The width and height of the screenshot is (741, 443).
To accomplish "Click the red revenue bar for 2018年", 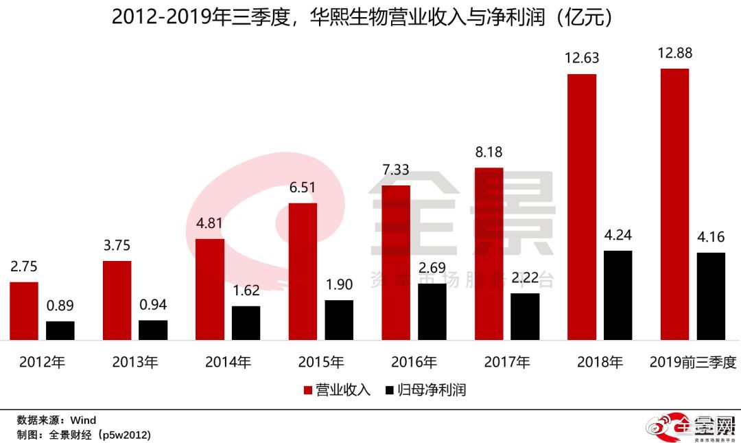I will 581,206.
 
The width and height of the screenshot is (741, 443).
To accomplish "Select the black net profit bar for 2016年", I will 432,311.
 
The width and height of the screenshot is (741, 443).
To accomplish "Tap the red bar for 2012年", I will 24,310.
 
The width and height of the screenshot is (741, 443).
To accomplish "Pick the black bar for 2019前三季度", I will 711,296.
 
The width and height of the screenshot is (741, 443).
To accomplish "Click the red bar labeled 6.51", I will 303,271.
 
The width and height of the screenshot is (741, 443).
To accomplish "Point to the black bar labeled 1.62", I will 246,323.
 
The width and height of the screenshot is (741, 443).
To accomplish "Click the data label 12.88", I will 674,54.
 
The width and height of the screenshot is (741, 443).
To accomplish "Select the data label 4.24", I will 617,236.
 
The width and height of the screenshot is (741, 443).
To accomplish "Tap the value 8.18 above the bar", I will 489,152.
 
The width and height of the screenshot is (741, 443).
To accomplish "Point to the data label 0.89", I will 60,306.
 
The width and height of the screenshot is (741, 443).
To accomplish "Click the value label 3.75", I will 117,246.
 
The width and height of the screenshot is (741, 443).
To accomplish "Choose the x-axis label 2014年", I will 228,362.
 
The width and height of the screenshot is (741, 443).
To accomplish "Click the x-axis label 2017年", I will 506,362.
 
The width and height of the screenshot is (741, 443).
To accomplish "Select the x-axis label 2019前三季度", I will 692,362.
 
